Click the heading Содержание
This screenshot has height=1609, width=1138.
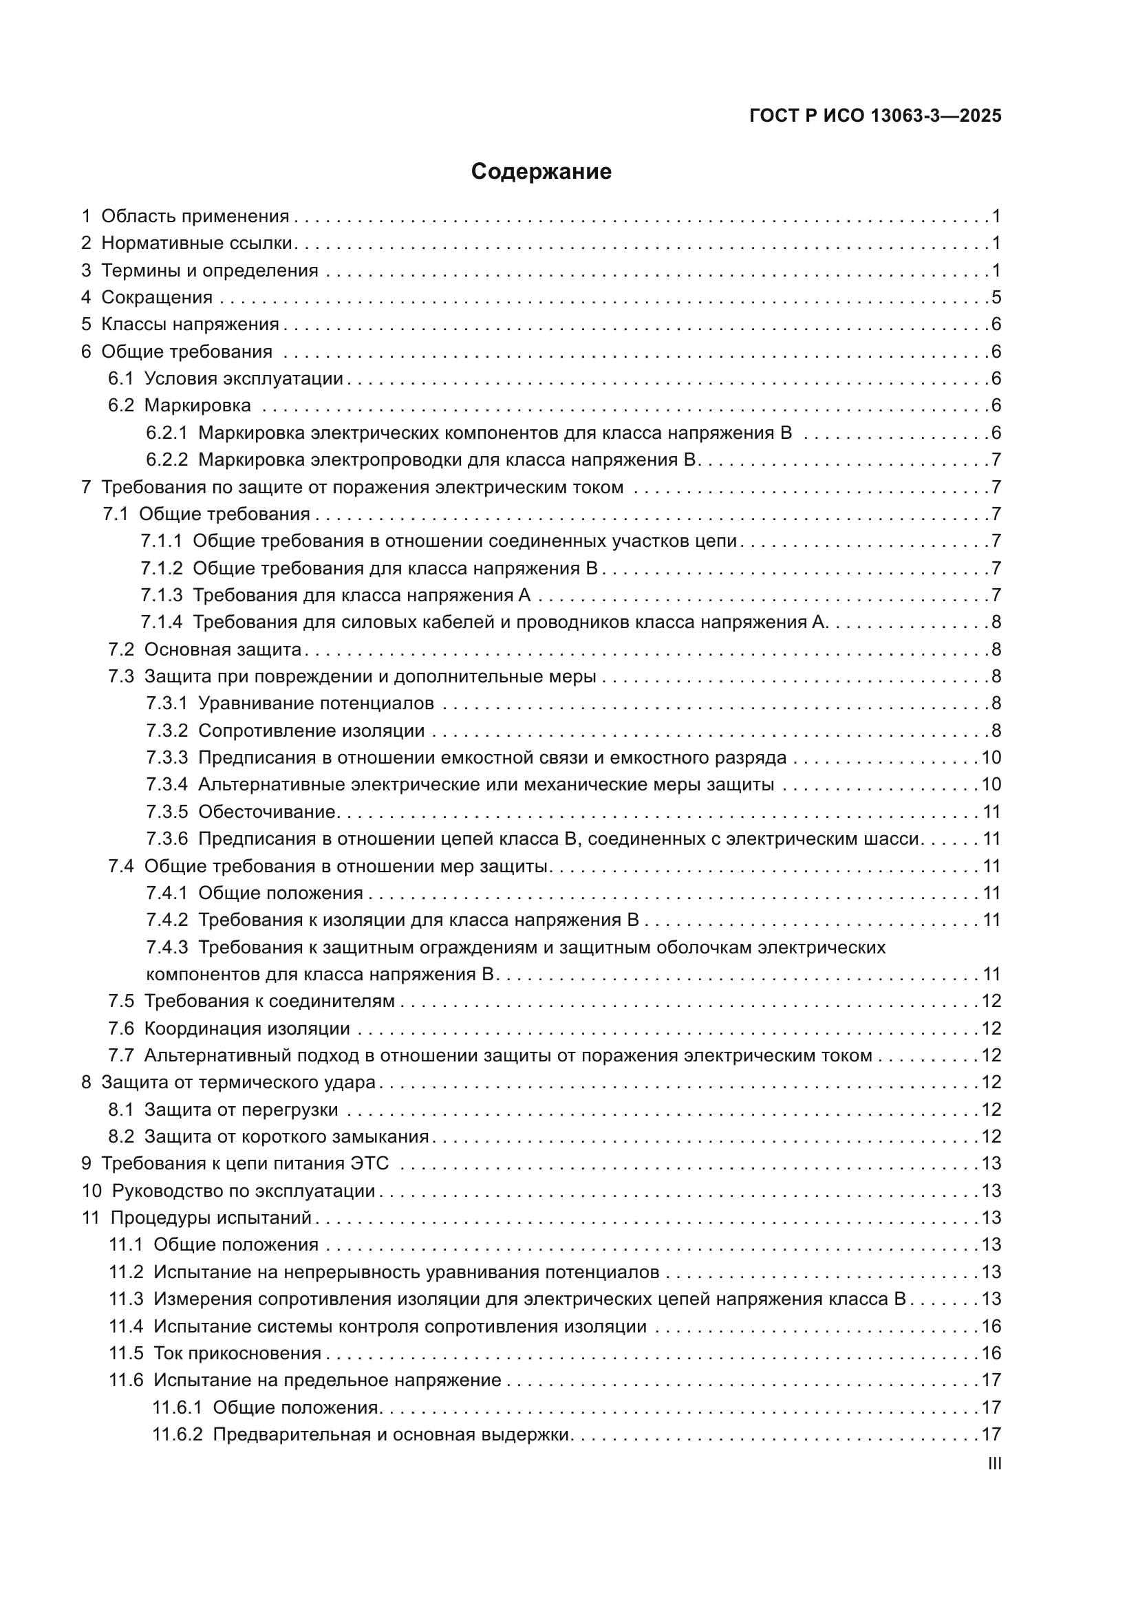[541, 172]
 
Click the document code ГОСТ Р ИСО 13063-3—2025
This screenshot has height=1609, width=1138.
[875, 116]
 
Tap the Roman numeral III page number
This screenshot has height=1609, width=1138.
[994, 1463]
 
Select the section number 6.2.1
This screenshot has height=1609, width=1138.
[166, 433]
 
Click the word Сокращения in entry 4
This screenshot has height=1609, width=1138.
[157, 297]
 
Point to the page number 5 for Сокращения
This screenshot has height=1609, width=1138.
[996, 297]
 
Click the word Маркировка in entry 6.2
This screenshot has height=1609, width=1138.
[197, 406]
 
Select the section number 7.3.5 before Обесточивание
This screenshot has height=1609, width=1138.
[167, 812]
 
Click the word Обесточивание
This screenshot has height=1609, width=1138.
[267, 812]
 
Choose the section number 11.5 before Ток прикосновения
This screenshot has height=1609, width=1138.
[125, 1354]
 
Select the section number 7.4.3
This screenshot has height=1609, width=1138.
[167, 947]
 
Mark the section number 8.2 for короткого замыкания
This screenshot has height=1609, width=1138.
[120, 1136]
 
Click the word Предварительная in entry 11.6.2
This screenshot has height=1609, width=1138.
[291, 1435]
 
